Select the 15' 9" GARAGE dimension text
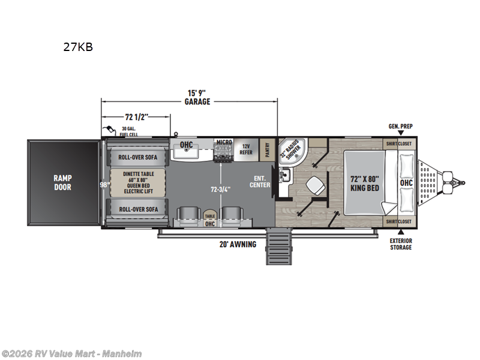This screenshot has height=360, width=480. coord(197,97)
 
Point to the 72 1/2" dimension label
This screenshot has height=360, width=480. coord(136,116)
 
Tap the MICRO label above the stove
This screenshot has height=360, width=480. coord(224,142)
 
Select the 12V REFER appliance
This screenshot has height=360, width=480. coord(245,149)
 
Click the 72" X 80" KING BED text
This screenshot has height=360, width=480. coord(364,183)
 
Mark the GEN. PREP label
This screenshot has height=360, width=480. coord(400,127)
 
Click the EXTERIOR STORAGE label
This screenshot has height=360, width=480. coord(401,244)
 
